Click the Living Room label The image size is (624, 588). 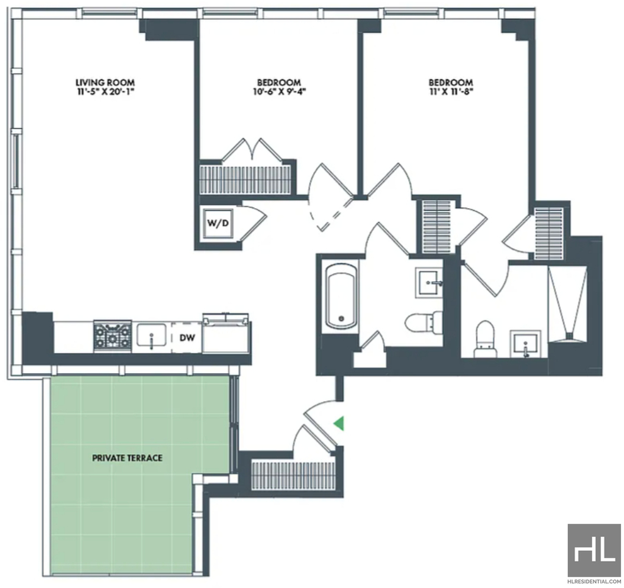[105, 82]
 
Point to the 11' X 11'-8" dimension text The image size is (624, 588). [450, 92]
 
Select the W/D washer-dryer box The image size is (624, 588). [218, 223]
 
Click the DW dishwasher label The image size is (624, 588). [187, 338]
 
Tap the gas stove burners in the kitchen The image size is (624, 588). [113, 336]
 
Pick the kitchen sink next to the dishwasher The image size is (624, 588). [151, 336]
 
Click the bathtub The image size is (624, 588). [340, 296]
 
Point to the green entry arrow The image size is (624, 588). [339, 424]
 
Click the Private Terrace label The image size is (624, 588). [127, 458]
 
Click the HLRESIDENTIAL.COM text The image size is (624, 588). [595, 582]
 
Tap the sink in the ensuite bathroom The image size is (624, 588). [525, 342]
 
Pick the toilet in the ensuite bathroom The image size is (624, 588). [485, 338]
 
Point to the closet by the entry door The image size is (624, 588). [293, 475]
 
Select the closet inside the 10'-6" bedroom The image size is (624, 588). [245, 180]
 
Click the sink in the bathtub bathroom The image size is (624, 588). [429, 282]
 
